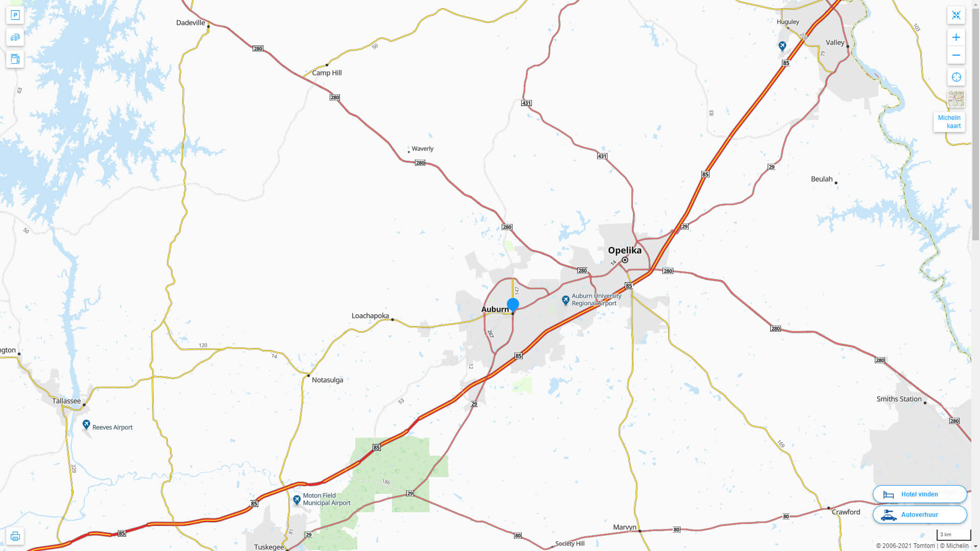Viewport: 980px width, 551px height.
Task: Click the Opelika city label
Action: click(x=624, y=251)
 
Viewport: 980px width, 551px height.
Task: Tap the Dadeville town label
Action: click(x=190, y=22)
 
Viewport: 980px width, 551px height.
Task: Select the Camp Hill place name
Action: click(x=327, y=73)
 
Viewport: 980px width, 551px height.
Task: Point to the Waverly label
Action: click(x=422, y=149)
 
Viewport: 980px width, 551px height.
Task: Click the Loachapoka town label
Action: click(x=370, y=316)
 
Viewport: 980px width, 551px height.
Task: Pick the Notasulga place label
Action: click(x=327, y=380)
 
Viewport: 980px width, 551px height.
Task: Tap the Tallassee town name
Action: click(x=66, y=401)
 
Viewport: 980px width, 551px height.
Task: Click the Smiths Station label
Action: click(x=899, y=399)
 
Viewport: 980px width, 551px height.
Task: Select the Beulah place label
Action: click(x=821, y=179)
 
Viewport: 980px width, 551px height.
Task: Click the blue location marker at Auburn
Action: click(x=513, y=305)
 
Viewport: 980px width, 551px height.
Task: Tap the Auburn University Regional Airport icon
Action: click(x=566, y=300)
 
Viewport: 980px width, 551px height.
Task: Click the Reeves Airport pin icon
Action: click(x=86, y=424)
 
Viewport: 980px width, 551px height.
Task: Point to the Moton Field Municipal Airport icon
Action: click(x=297, y=499)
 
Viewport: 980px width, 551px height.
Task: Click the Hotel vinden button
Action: click(x=919, y=494)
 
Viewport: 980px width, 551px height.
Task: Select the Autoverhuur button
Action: click(x=919, y=515)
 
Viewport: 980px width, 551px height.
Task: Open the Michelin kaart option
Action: click(x=949, y=122)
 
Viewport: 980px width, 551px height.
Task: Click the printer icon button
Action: click(x=15, y=536)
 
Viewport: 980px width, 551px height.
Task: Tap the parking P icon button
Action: click(x=15, y=15)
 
